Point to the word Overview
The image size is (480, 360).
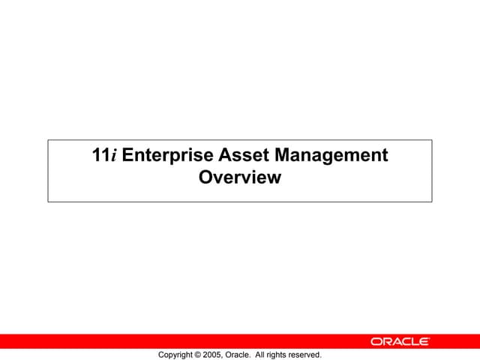pyautogui.click(x=240, y=178)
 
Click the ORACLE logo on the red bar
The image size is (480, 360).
pyautogui.click(x=400, y=341)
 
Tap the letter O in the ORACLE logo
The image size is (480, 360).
pyautogui.click(x=375, y=341)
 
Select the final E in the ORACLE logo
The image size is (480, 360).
pyautogui.click(x=424, y=341)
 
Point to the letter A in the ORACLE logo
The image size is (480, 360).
pyautogui.click(x=394, y=341)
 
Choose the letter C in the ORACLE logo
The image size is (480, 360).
pyautogui.click(x=405, y=341)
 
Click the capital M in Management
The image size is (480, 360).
pyautogui.click(x=283, y=156)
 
